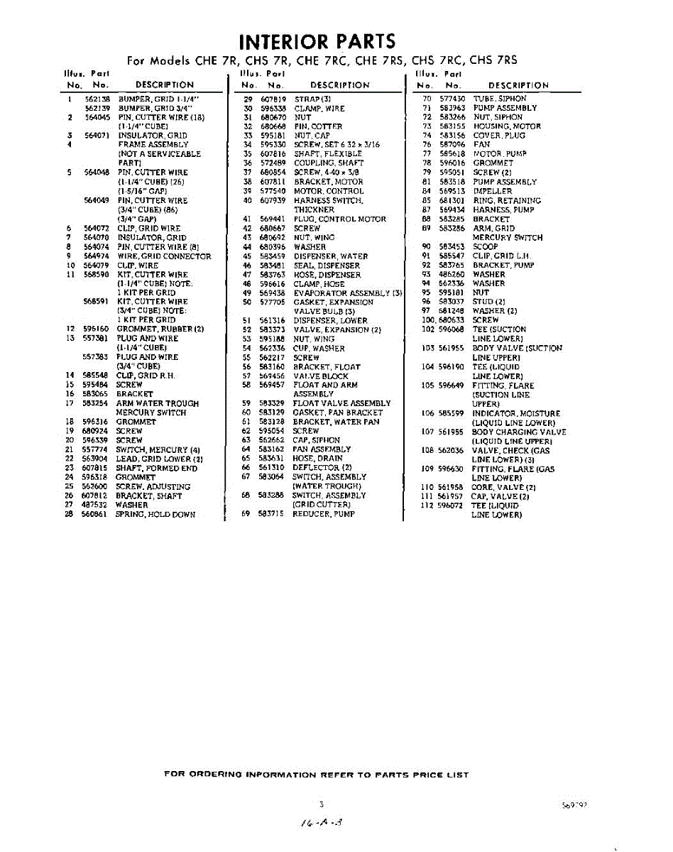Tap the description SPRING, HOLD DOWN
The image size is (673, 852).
click(155, 515)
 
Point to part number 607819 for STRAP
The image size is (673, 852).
click(273, 99)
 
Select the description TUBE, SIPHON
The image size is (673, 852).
click(500, 99)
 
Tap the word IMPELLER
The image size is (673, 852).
click(492, 191)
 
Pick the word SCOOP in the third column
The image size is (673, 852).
click(486, 246)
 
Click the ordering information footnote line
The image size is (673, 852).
click(316, 775)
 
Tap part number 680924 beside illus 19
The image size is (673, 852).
click(95, 431)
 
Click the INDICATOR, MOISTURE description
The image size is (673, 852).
click(516, 413)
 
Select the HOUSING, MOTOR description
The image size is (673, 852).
click(507, 126)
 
